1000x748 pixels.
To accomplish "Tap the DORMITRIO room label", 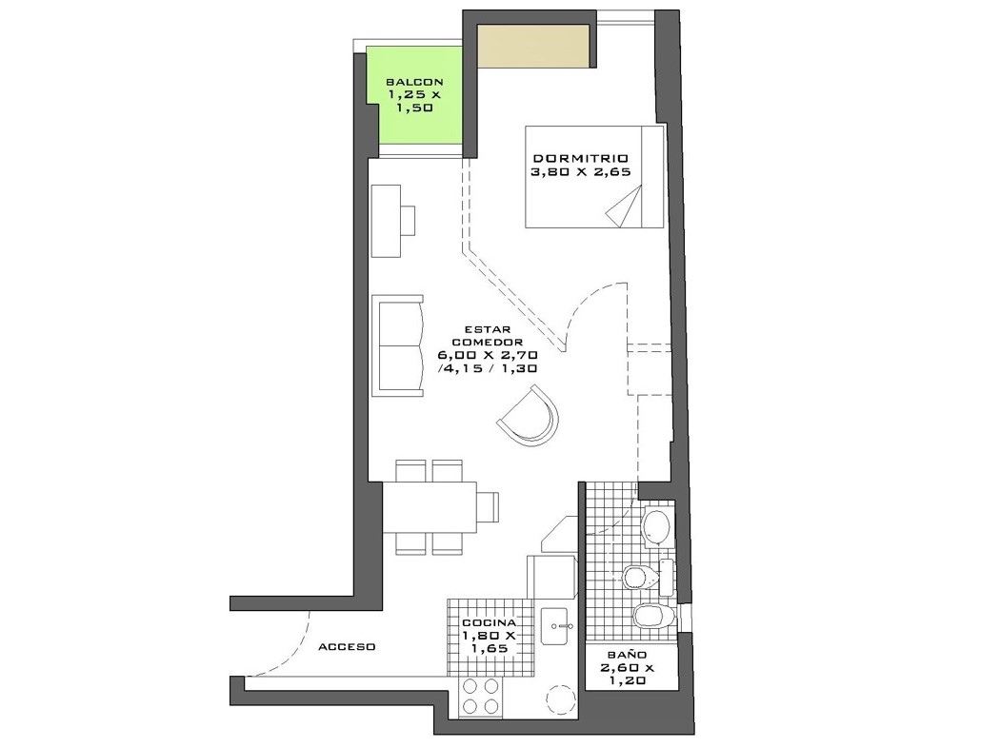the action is tap(580, 158).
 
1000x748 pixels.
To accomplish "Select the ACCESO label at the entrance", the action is tap(347, 647).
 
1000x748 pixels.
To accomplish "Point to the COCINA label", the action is tap(490, 622).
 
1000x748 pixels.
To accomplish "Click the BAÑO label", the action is tap(627, 655).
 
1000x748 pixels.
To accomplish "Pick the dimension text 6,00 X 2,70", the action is tap(488, 355).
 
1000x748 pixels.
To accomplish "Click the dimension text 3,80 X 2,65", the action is tap(580, 171).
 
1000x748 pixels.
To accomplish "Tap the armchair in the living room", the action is tap(528, 416).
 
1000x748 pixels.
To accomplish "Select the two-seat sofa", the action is tap(398, 346).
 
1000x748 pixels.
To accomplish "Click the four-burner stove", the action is tap(481, 697).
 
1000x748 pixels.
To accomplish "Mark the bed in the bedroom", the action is tap(594, 176).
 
